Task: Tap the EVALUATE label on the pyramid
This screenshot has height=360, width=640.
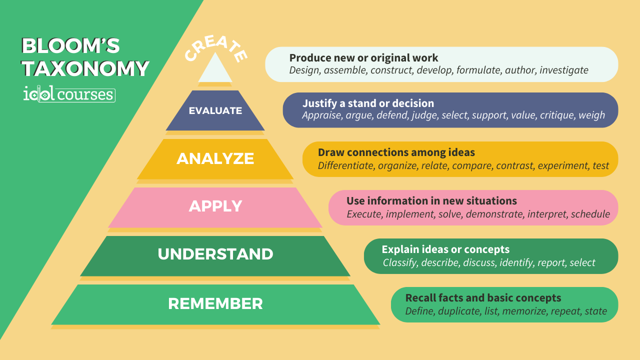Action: [215, 110]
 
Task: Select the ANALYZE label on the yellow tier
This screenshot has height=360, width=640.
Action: [215, 158]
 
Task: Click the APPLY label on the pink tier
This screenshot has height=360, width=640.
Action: [215, 206]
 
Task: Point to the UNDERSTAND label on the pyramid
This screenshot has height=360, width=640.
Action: [215, 254]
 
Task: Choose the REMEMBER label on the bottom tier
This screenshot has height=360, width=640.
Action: [215, 303]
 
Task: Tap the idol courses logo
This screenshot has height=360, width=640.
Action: [69, 94]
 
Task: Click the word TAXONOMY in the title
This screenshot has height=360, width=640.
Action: [85, 68]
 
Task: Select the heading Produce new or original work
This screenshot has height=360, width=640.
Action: [363, 58]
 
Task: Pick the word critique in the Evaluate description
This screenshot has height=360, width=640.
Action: [557, 115]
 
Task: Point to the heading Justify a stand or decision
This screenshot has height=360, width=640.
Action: [368, 103]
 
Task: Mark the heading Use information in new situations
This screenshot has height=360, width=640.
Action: [431, 201]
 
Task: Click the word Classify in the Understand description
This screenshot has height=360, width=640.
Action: [400, 262]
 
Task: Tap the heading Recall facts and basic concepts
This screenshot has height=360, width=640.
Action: [483, 298]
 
